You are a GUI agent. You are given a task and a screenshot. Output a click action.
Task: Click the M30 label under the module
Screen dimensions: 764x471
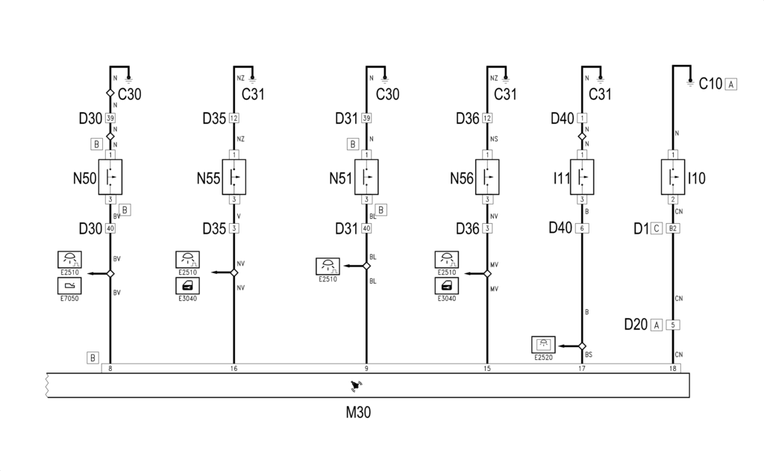click(358, 413)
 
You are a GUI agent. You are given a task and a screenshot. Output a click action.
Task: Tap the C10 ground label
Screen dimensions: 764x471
click(710, 84)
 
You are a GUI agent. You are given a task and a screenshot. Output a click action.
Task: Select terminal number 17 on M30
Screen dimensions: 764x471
click(582, 369)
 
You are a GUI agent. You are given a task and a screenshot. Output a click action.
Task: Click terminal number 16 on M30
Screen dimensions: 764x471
click(234, 369)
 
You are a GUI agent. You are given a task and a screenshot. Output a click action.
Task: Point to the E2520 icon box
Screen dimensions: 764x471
click(543, 345)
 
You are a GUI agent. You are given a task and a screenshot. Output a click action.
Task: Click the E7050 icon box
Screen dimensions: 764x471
click(69, 286)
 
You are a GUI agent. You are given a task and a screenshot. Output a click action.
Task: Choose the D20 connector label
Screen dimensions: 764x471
click(636, 324)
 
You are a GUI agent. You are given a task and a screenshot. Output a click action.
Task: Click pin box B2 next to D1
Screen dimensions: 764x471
click(673, 228)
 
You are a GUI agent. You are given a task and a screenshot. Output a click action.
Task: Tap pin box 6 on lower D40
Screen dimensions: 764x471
click(582, 228)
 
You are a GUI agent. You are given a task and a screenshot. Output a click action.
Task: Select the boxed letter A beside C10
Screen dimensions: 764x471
click(731, 84)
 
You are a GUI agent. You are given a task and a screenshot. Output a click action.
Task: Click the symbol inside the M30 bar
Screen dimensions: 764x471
click(356, 386)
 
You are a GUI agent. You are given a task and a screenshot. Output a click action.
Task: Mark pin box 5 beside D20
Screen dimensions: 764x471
click(673, 325)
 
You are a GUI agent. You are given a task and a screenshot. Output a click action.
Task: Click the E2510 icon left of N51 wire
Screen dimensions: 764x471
click(328, 266)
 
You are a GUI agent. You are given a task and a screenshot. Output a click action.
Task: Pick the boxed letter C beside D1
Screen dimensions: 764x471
click(657, 228)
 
